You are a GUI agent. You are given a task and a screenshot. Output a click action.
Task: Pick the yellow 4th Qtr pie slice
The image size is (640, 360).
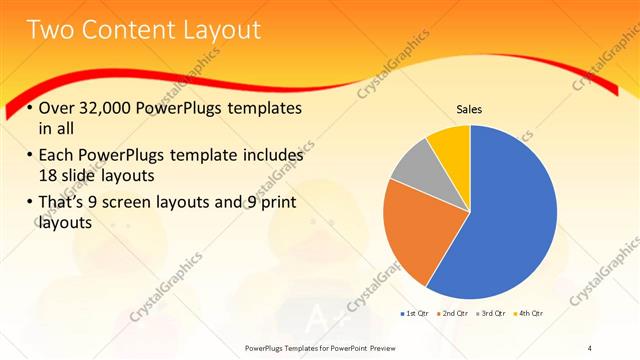(x=450, y=144)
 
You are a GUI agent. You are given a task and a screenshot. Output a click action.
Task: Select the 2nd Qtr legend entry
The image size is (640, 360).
(x=456, y=314)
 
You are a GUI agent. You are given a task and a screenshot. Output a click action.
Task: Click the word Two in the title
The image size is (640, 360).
(x=51, y=31)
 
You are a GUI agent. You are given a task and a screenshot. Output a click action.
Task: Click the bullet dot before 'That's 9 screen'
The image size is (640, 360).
(x=30, y=203)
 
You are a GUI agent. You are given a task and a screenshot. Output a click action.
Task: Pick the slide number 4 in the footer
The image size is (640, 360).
(x=590, y=347)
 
